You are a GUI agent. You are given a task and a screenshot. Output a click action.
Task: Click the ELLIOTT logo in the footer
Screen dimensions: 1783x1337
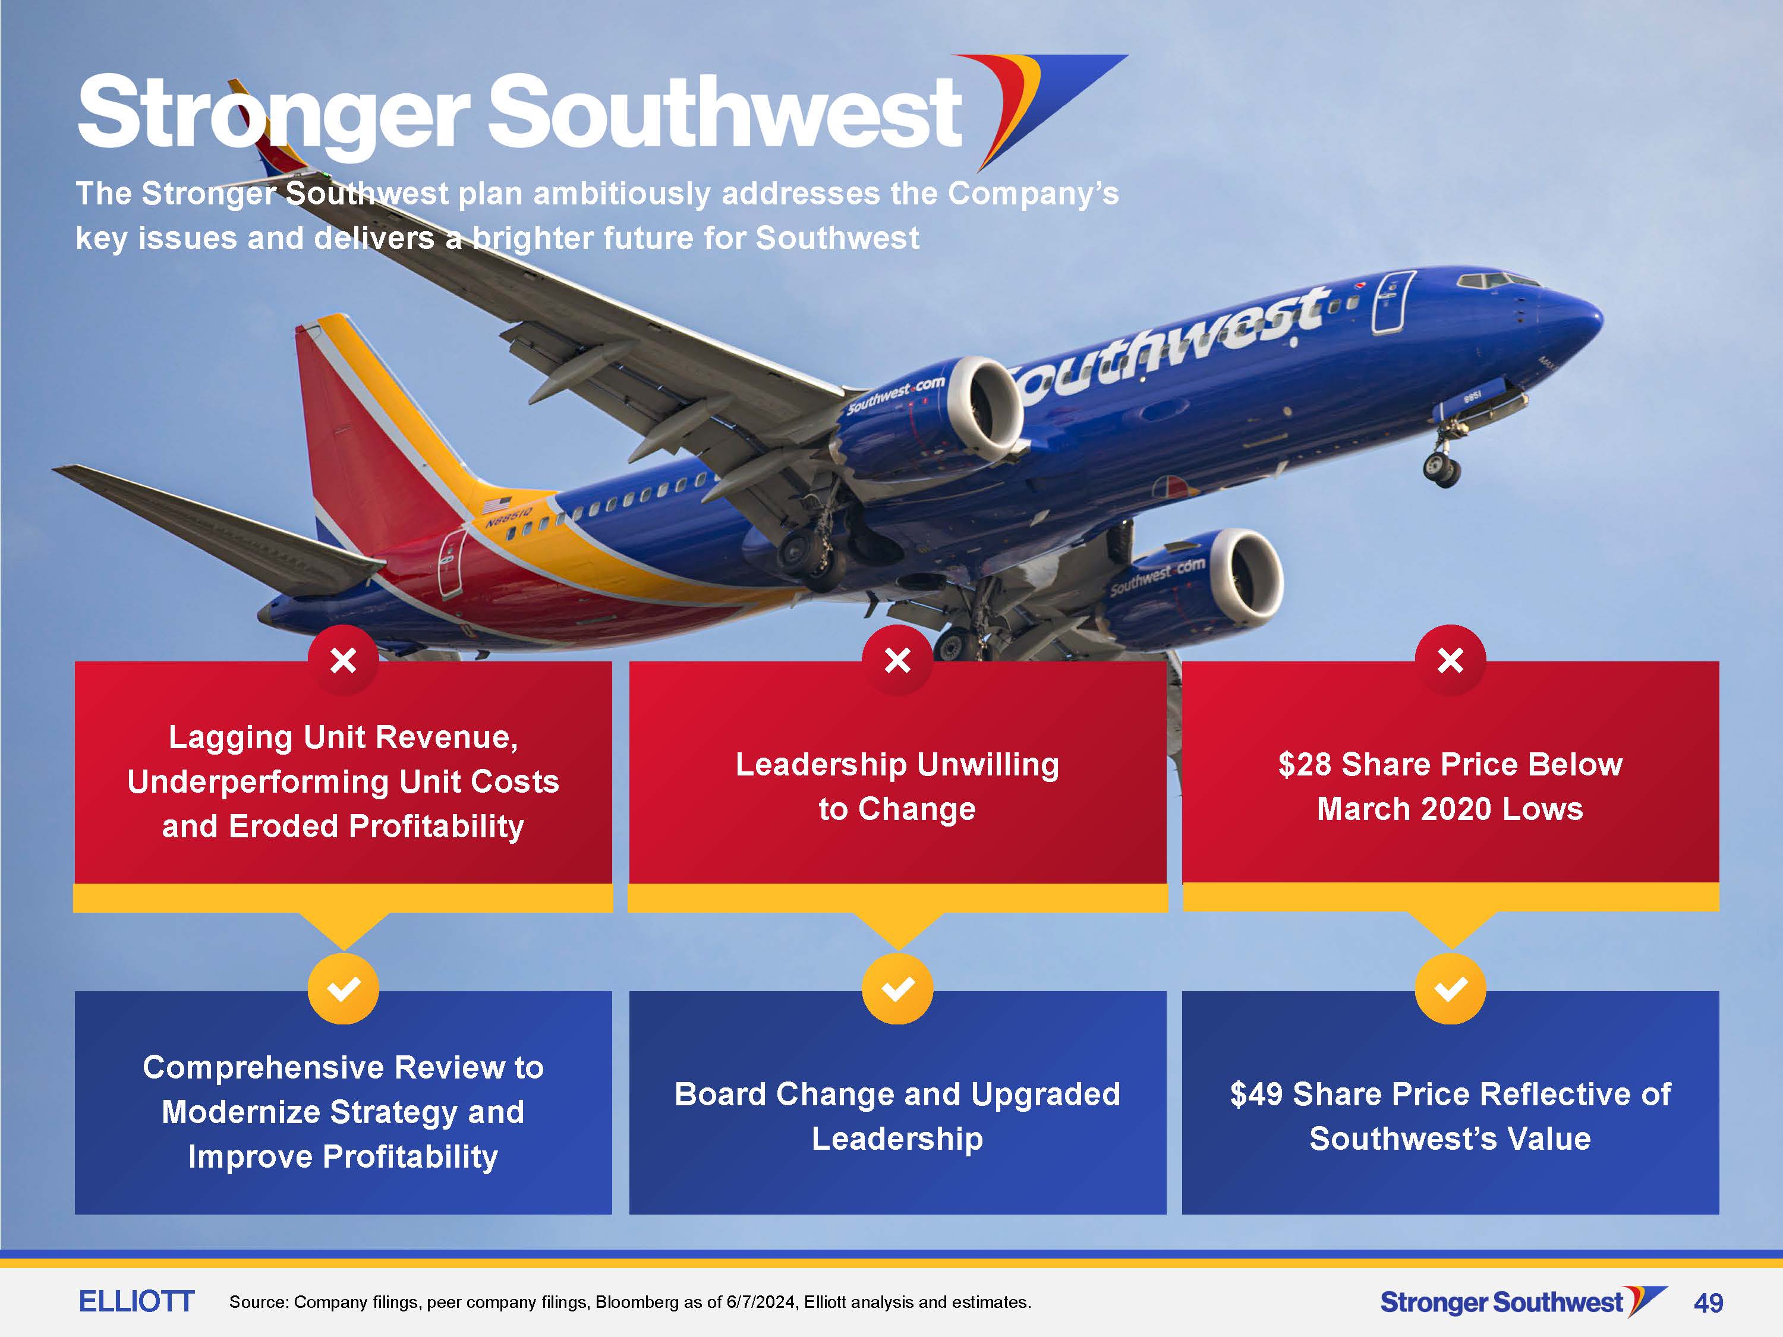[x=136, y=1301]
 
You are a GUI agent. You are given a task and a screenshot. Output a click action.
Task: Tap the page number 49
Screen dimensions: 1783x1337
[x=1709, y=1303]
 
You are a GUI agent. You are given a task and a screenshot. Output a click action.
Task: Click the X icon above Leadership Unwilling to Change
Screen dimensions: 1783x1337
[x=897, y=660]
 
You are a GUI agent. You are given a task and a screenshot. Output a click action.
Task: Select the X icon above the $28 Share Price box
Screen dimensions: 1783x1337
[x=1450, y=660]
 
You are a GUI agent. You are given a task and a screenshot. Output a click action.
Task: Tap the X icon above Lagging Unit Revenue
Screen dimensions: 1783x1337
[x=344, y=660]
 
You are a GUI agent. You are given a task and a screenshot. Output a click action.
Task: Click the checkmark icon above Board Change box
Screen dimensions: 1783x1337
[x=897, y=988]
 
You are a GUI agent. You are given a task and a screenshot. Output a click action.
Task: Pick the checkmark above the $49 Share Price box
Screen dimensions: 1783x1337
[x=1450, y=988]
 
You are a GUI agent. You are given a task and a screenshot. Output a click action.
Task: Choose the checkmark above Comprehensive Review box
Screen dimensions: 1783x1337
[x=344, y=988]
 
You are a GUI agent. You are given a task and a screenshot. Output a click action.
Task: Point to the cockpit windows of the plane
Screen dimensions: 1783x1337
[x=1498, y=280]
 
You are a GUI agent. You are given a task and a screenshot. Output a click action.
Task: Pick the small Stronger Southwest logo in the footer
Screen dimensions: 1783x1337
[x=1523, y=1301]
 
